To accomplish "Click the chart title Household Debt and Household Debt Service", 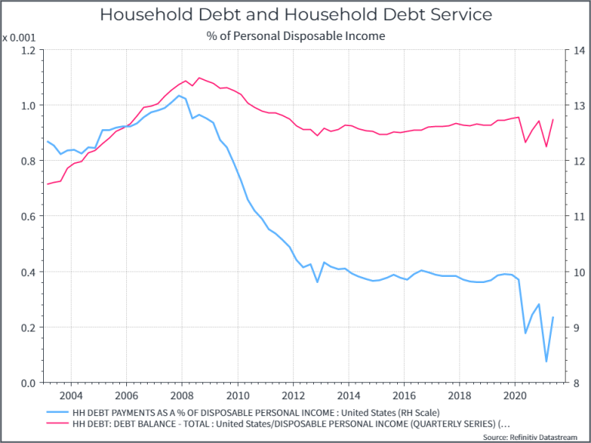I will pyautogui.click(x=295, y=15).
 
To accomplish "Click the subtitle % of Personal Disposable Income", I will pyautogui.click(x=295, y=35).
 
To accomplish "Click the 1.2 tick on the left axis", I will pyautogui.click(x=27, y=50).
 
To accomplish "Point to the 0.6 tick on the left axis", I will pyautogui.click(x=27, y=216).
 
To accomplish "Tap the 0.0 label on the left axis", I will pyautogui.click(x=27, y=383).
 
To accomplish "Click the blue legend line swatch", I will pyautogui.click(x=57, y=411).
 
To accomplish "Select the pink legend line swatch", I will pyautogui.click(x=57, y=423).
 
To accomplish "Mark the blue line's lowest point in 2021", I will pyautogui.click(x=546, y=361).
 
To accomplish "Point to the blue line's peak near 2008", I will pyautogui.click(x=179, y=95).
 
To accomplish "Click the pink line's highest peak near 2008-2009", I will pyautogui.click(x=200, y=78).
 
